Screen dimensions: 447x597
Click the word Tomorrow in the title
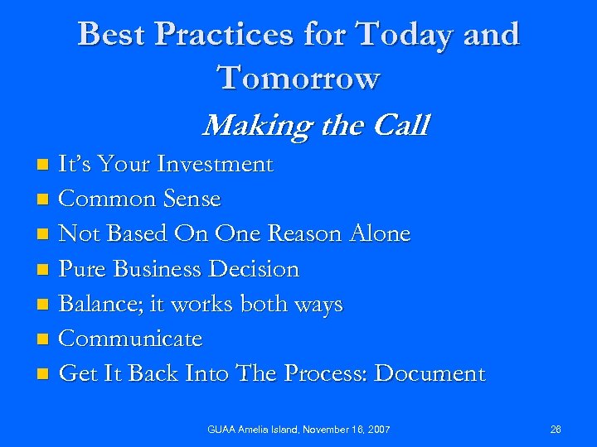click(298, 78)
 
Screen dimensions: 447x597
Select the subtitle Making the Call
click(315, 126)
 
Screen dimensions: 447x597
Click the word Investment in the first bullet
click(220, 165)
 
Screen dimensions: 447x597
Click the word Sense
click(192, 199)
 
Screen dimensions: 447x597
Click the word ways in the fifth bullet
click(318, 305)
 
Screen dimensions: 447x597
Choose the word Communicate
click(131, 339)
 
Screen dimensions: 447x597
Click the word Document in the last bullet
click(430, 374)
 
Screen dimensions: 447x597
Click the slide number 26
click(555, 429)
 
